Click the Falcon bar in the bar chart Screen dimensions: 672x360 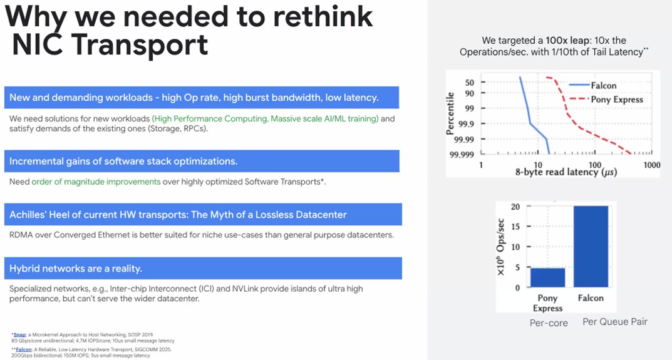point(591,247)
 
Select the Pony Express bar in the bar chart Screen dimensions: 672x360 point(547,277)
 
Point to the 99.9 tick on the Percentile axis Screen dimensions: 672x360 point(467,124)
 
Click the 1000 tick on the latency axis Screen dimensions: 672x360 point(651,165)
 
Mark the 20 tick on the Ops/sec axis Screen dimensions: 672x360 point(515,207)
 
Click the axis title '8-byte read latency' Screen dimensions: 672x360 point(566,172)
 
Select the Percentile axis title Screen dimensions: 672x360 point(450,113)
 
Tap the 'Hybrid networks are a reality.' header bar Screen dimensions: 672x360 point(203,269)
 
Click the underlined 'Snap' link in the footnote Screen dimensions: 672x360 point(19,335)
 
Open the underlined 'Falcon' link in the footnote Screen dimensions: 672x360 point(24,349)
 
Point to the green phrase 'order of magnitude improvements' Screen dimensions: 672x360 point(96,182)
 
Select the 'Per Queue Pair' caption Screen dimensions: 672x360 point(615,322)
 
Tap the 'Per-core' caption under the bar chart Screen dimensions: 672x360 point(549,323)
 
